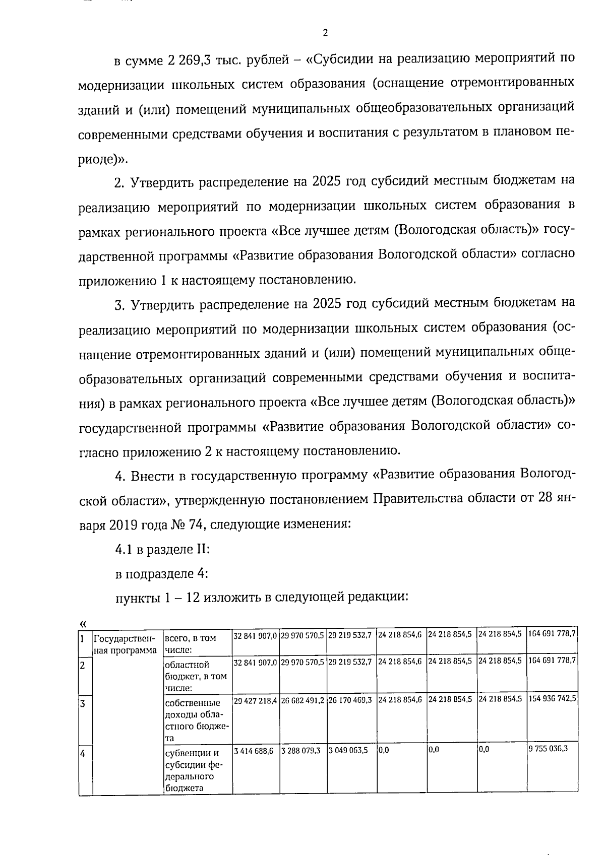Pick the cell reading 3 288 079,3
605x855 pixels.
[301, 750]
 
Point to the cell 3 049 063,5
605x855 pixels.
[348, 750]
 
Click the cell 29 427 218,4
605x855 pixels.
[256, 700]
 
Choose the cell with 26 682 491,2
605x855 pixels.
[303, 700]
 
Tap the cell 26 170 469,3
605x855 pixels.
[350, 700]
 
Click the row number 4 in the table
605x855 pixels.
[83, 754]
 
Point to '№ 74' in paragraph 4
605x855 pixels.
[188, 524]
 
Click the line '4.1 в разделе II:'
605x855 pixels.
[162, 549]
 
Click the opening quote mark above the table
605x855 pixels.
[83, 624]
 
